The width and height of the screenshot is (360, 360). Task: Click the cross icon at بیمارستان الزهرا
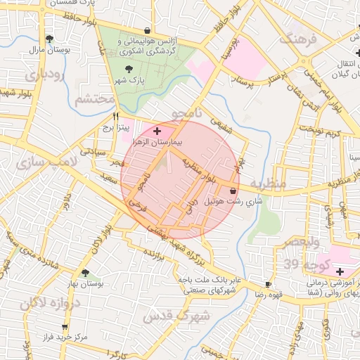(x=156, y=131)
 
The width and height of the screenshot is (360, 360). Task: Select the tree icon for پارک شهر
(x=128, y=69)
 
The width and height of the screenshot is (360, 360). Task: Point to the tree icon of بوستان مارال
(x=49, y=39)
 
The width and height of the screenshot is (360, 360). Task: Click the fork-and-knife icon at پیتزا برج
(x=117, y=117)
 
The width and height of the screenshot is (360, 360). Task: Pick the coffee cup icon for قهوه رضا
(x=268, y=284)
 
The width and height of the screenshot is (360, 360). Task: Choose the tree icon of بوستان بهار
(x=85, y=273)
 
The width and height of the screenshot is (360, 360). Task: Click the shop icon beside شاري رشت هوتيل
(x=233, y=191)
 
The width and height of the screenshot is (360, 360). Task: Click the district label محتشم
(x=94, y=99)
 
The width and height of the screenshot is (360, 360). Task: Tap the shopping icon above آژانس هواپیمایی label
(x=146, y=31)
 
